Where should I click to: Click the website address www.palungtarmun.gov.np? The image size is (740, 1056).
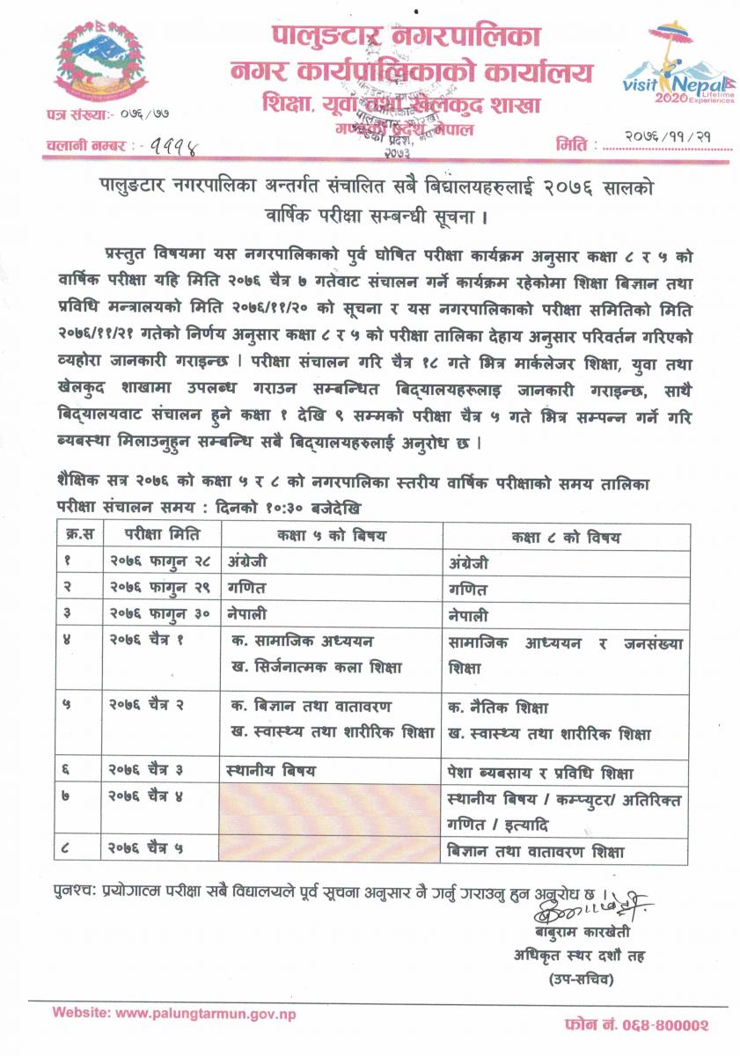tap(174, 1013)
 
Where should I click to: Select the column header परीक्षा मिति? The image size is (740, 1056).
tap(162, 535)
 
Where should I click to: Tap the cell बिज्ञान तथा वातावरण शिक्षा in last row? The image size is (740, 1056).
tap(537, 852)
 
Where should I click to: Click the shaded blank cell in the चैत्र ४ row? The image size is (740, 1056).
tap(331, 810)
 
